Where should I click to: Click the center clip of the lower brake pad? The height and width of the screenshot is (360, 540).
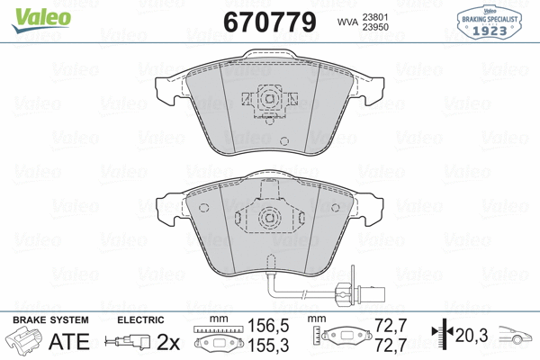[x=267, y=217]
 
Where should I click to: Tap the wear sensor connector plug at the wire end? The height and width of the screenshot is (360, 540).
[x=343, y=291]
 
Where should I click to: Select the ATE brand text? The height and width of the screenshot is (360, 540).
[x=68, y=341]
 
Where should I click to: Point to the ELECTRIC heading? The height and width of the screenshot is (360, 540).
[x=139, y=319]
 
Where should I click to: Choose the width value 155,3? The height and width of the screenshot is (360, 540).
[x=262, y=346]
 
